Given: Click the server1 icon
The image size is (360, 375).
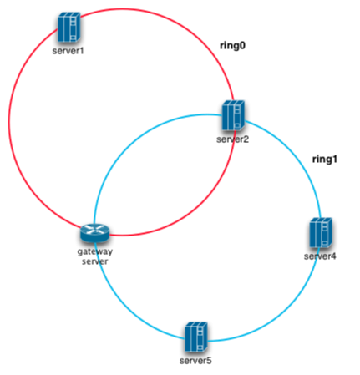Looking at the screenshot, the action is click(69, 27).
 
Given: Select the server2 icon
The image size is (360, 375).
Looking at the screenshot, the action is click(233, 115).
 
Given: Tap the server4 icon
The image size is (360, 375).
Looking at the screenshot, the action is click(321, 233).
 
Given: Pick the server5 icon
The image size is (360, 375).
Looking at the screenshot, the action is click(196, 337).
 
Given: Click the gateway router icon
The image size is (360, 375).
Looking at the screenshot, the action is click(95, 233).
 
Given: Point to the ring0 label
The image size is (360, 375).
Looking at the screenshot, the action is click(232, 45).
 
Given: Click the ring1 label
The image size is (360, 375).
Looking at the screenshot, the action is click(325, 159).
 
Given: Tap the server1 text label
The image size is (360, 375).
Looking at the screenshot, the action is click(68, 51).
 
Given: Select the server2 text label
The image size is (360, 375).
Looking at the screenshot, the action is click(232, 139).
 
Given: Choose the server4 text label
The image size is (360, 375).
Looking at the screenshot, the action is click(320, 256).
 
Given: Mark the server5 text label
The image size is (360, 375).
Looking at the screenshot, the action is click(195, 361).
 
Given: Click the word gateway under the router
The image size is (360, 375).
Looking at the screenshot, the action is click(95, 252).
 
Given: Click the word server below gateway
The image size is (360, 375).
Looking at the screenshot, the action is click(94, 261).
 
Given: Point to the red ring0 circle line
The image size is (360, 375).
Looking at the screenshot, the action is click(9, 123).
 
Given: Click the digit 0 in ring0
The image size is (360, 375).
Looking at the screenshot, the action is click(242, 45).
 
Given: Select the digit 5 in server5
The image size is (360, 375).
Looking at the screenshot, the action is click(209, 361).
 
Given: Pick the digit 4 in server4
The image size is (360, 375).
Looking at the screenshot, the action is click(333, 256).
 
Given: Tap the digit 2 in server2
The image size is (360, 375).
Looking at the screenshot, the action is click(246, 139).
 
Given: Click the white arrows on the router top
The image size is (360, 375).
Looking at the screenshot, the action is click(95, 229).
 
